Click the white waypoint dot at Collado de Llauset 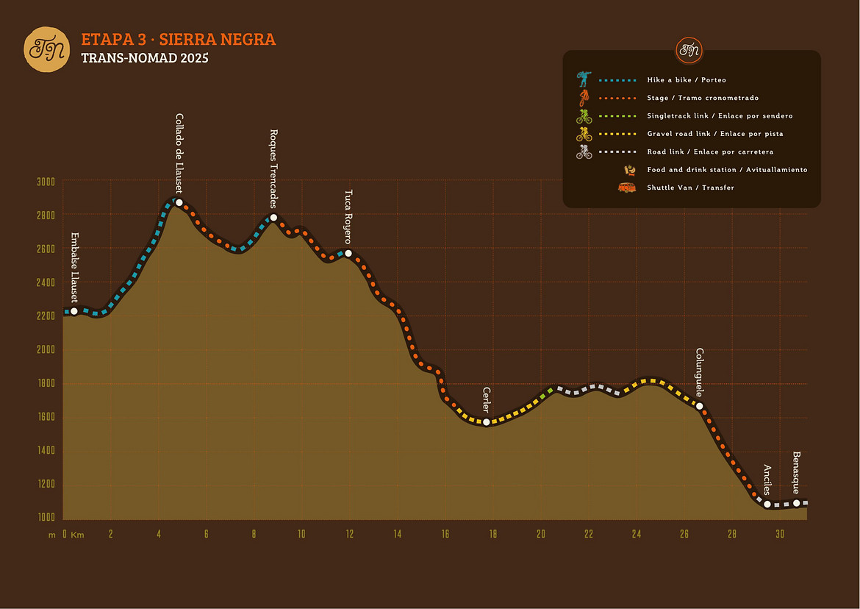coord(179,203)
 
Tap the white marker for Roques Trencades coord(273,218)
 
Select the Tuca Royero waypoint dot coord(348,254)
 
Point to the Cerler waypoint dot coord(487,422)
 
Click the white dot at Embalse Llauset coord(74,311)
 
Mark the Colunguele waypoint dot coord(700,406)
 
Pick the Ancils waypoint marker coord(767,505)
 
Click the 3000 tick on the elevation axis coord(46,182)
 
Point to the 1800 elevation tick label coord(46,383)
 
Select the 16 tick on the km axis coord(445,535)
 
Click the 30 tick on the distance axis coord(780,535)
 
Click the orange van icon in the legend coord(627,188)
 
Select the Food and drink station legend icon coord(630,170)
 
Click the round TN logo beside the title coord(46,49)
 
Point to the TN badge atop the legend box coord(689,50)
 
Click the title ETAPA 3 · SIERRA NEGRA coord(179,40)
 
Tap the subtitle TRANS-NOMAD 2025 coord(145,58)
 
